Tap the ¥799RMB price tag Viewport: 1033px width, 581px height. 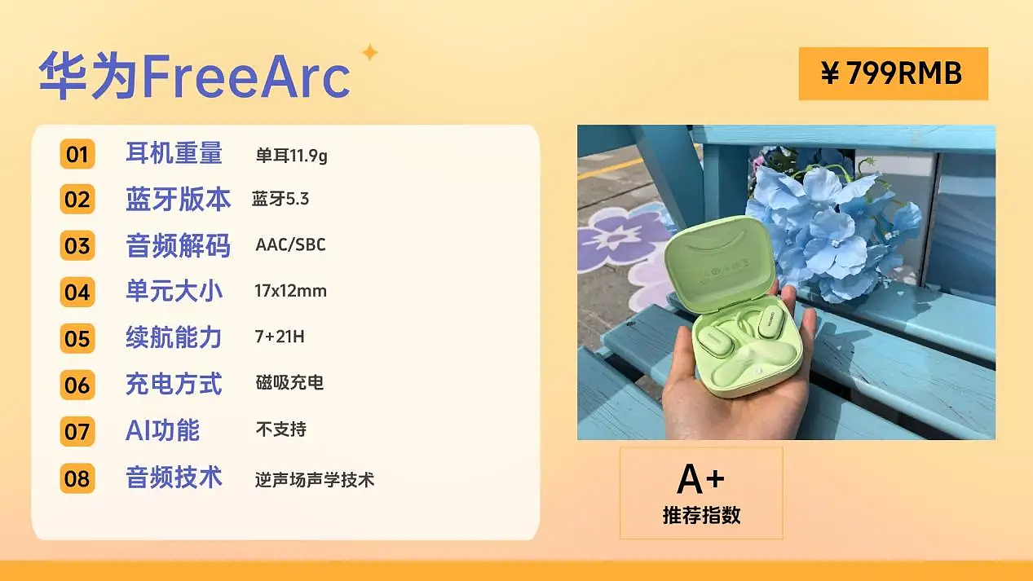pyautogui.click(x=893, y=74)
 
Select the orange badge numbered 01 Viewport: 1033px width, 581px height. pyautogui.click(x=77, y=154)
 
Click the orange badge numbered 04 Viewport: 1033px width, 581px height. pyautogui.click(x=77, y=292)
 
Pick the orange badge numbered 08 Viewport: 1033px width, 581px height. pyautogui.click(x=77, y=478)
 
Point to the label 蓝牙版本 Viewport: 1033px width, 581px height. pyautogui.click(x=178, y=200)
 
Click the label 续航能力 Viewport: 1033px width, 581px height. pyautogui.click(x=174, y=337)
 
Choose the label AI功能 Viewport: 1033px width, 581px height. pyautogui.click(x=162, y=430)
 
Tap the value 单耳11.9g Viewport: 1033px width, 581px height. pyautogui.click(x=291, y=155)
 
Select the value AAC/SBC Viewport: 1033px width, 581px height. pyautogui.click(x=290, y=245)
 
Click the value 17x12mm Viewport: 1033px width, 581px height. pyautogui.click(x=290, y=291)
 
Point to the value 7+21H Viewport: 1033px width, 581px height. pyautogui.click(x=280, y=337)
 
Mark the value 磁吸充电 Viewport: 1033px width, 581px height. pyautogui.click(x=289, y=383)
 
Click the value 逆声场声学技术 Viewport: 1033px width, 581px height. pyautogui.click(x=314, y=480)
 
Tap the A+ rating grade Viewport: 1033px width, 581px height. pyautogui.click(x=700, y=479)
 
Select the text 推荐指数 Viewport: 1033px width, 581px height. pyautogui.click(x=701, y=516)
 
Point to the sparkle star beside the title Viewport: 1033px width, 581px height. pyautogui.click(x=369, y=53)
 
